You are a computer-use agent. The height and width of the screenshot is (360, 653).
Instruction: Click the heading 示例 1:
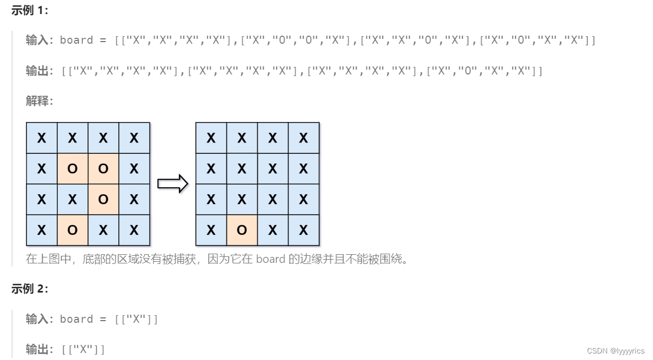(30, 10)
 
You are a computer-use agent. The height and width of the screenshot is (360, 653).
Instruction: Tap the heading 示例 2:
(30, 289)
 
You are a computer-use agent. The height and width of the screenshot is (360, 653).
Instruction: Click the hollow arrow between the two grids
(172, 184)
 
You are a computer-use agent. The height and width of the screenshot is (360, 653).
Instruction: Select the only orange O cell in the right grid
(242, 230)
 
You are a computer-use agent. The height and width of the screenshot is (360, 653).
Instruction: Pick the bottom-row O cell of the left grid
(72, 230)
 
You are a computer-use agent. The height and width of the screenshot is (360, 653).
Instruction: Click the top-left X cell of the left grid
(42, 138)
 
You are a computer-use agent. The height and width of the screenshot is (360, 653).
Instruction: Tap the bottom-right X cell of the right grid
(304, 230)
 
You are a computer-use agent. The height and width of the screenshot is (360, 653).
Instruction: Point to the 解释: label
(39, 101)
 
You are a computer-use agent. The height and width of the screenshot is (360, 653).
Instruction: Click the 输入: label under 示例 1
(39, 40)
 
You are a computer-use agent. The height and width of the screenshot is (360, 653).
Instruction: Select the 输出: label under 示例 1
(39, 71)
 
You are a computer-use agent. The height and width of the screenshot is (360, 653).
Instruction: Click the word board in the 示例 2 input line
(76, 319)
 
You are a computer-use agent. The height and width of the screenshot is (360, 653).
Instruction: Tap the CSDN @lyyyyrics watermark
(615, 351)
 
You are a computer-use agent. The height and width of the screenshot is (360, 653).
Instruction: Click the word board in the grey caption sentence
(271, 259)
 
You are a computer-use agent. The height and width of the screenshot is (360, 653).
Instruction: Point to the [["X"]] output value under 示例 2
(84, 349)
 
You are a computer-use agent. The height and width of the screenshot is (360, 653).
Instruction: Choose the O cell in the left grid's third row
(103, 200)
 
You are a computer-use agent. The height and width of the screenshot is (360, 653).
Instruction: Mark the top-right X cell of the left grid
(134, 138)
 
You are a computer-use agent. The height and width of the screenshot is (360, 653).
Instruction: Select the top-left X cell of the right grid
(211, 138)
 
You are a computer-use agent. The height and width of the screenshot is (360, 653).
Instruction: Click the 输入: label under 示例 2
(39, 319)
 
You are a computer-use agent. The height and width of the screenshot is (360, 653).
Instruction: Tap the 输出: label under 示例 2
(39, 349)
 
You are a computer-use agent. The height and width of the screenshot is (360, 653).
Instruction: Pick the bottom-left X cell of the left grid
(42, 230)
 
